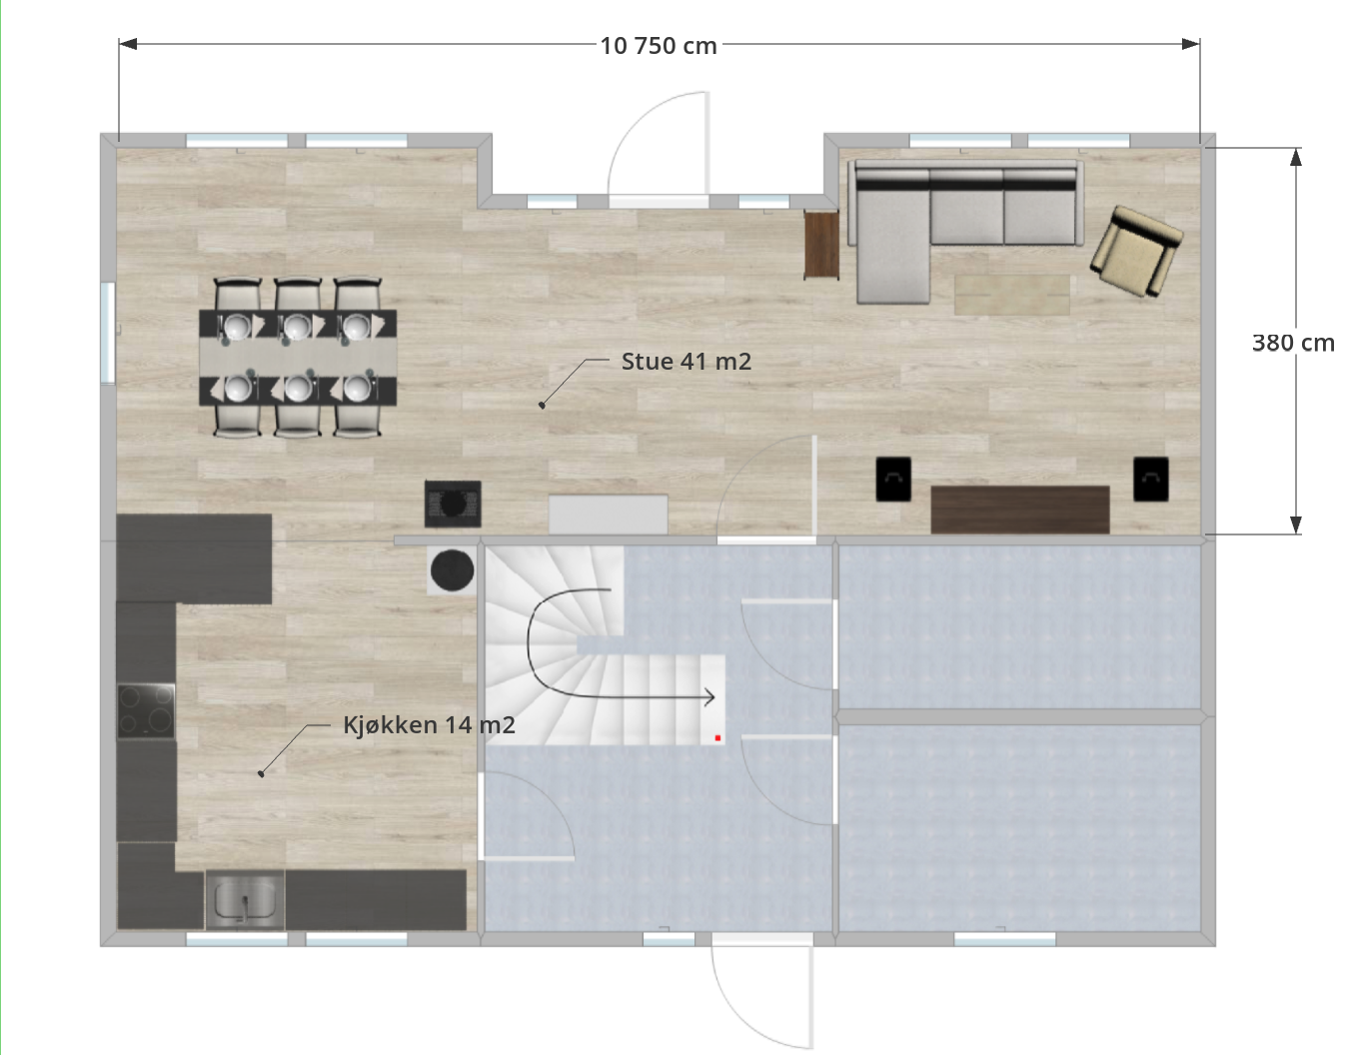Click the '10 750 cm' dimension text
[659, 46]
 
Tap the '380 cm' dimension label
[1293, 343]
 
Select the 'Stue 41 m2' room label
[686, 362]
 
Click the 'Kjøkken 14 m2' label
[430, 724]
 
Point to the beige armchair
[1136, 251]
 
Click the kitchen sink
[245, 900]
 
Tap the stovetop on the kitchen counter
[146, 711]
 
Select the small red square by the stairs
[717, 737]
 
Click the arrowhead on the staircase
[709, 697]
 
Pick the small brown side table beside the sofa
[821, 245]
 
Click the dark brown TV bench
[1020, 510]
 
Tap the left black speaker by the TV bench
[893, 479]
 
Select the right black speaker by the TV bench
[1151, 479]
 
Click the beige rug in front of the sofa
[1012, 295]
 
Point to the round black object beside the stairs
[453, 569]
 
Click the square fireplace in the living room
[453, 504]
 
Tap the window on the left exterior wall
[108, 333]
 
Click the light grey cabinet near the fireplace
[608, 515]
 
